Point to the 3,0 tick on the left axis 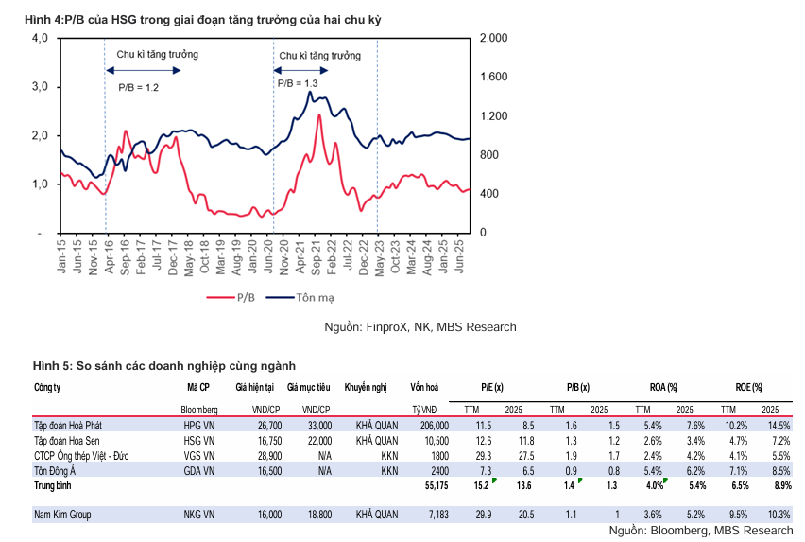coord(40,87)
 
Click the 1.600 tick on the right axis coord(494,77)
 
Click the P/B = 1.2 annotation coord(138,87)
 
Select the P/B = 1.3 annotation coord(298,83)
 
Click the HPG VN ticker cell coord(199,427)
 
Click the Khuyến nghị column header coord(367,388)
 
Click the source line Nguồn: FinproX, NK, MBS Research coord(420,327)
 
